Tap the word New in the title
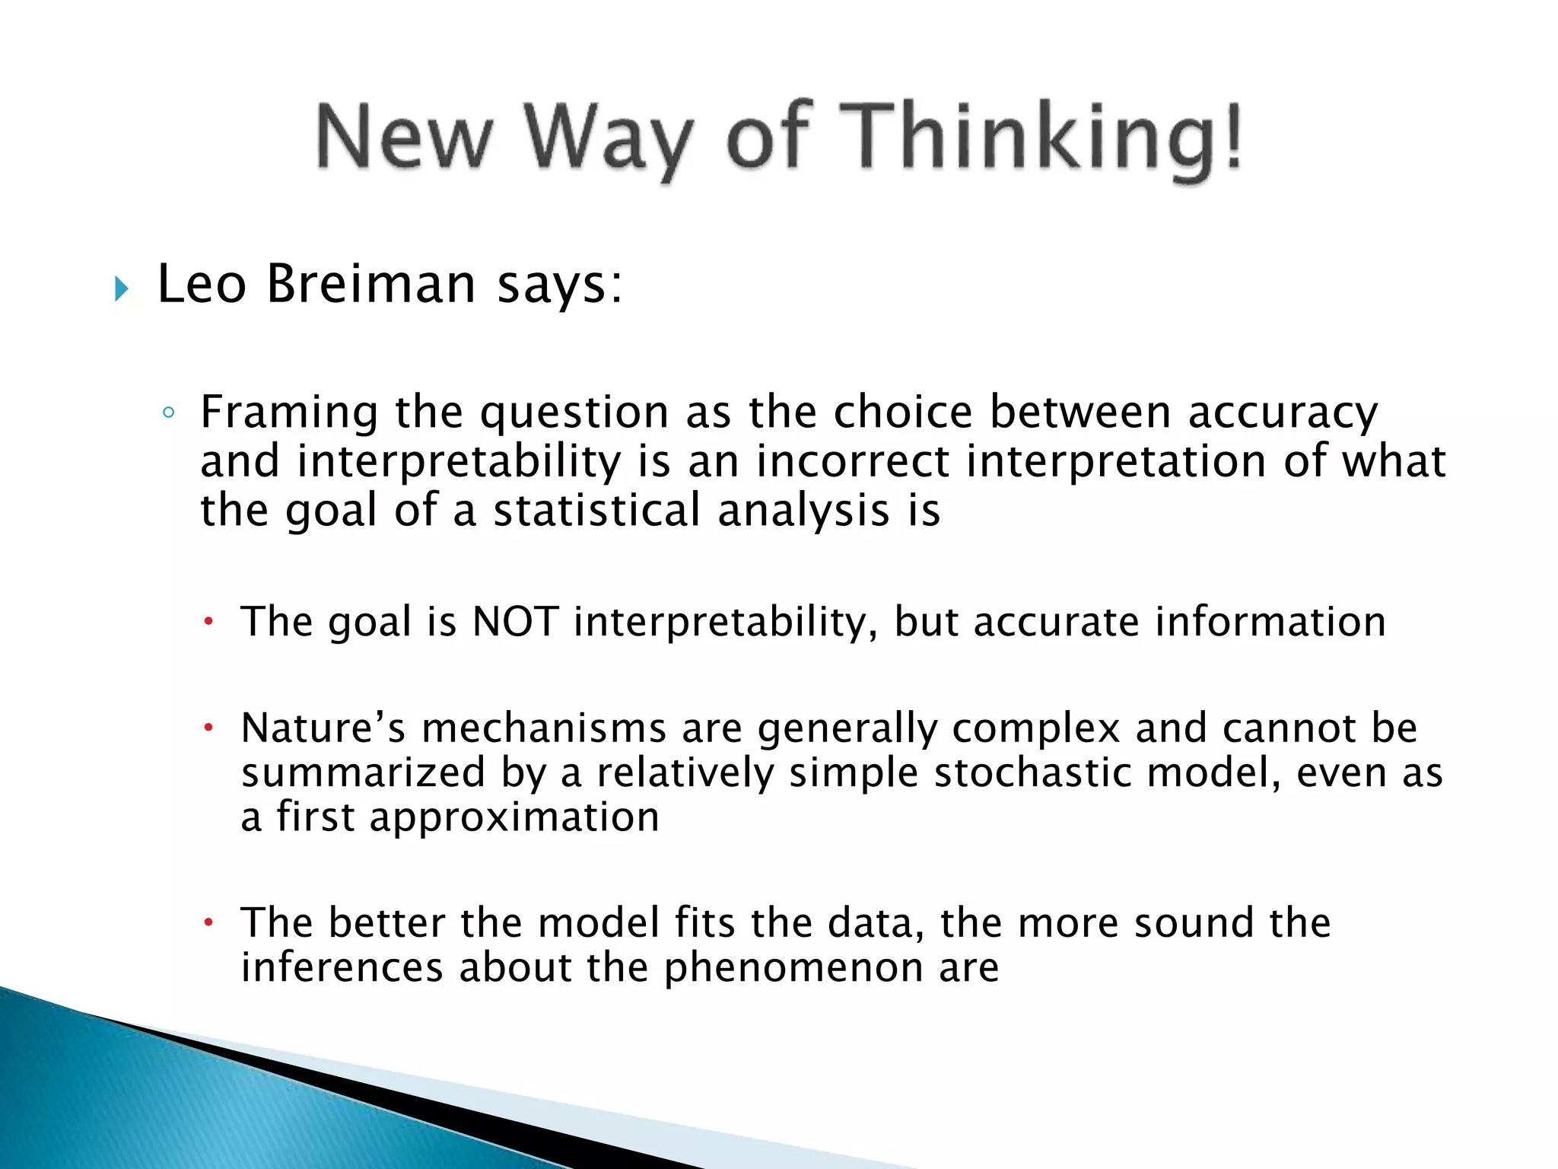point(404,137)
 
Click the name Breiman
point(370,284)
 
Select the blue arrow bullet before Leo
point(122,288)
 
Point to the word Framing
point(288,413)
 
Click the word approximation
point(514,817)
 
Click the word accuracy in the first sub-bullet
point(1283,413)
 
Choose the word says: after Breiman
point(560,285)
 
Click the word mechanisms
point(544,728)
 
